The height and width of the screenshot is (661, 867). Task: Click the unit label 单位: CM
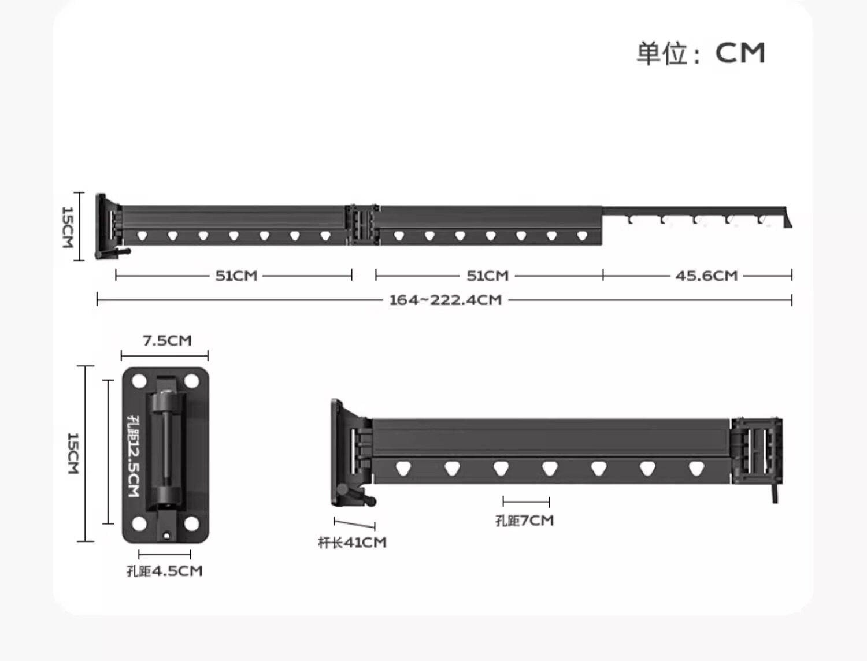pos(701,53)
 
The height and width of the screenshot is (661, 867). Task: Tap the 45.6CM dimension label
pos(706,276)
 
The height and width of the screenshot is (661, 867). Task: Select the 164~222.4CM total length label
pos(446,300)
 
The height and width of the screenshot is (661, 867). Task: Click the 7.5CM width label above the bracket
pos(167,340)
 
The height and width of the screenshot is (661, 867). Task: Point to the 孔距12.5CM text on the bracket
pos(134,456)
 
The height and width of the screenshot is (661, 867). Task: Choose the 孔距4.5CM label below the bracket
pos(164,571)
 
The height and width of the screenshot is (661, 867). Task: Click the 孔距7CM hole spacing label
pos(525,521)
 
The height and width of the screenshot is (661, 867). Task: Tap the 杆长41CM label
pos(352,543)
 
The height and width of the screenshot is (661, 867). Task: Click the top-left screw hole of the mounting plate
pos(139,381)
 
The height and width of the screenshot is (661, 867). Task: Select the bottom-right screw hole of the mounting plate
pos(191,523)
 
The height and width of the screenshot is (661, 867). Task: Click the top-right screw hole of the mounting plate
pos(191,381)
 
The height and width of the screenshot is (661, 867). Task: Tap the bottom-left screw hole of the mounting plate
pos(139,523)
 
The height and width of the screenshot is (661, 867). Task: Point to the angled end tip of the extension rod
pos(788,224)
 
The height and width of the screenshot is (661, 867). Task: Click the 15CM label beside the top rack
pos(68,228)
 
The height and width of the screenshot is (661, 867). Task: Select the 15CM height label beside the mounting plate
pos(73,453)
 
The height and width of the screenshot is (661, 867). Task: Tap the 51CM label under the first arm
pos(236,276)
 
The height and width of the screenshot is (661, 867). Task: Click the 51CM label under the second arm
pos(487,276)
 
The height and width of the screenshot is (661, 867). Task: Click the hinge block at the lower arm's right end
pos(757,451)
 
